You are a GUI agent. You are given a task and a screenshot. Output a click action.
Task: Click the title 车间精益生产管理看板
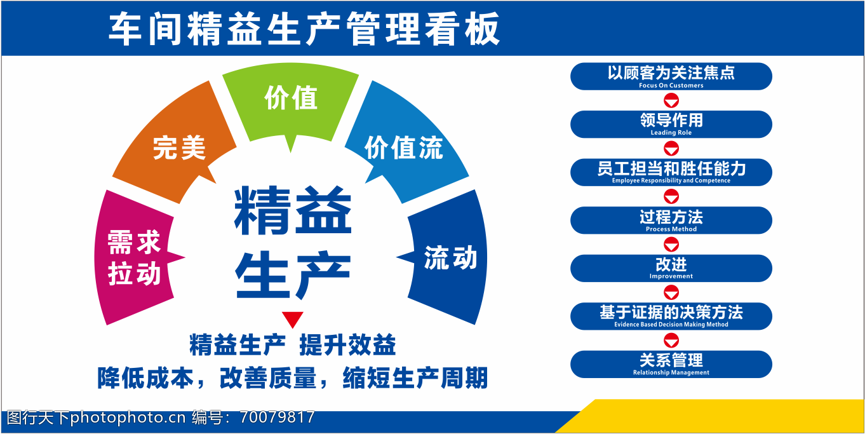point(304,29)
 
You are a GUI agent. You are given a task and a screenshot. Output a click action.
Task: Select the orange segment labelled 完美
point(174,143)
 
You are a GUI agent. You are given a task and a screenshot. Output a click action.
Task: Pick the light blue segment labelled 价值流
point(405,143)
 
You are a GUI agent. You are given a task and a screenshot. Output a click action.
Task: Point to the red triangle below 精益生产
point(292,319)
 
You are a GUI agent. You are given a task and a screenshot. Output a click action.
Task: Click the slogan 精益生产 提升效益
point(292,345)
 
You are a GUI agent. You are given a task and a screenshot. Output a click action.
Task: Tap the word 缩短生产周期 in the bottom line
point(415,377)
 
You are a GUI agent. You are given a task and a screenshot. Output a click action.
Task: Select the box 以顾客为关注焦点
point(671,76)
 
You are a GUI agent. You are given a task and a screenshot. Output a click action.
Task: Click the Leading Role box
point(671,125)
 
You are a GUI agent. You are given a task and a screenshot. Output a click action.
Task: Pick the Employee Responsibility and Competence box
point(671,172)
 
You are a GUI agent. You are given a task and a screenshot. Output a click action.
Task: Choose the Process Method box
point(671,220)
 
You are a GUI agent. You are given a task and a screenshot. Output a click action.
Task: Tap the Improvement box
point(671,268)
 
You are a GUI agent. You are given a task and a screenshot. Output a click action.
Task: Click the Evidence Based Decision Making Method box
point(671,316)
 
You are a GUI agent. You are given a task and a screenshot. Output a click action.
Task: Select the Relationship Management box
point(671,364)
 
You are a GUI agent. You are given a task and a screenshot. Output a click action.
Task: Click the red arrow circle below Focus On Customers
point(671,100)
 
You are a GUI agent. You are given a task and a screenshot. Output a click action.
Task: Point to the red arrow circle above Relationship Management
point(671,341)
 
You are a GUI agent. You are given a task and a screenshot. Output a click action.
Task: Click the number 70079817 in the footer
point(277,417)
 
